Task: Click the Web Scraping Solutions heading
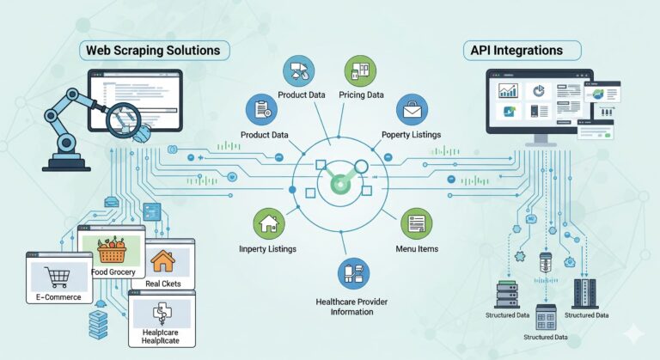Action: tap(153, 51)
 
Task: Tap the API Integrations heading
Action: tap(516, 51)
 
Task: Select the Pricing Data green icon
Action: tap(360, 70)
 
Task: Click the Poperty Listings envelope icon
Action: tap(412, 109)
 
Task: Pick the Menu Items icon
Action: tap(416, 223)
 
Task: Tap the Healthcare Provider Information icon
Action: tap(353, 274)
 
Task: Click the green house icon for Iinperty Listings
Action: tap(269, 224)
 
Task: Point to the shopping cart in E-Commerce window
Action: tap(57, 277)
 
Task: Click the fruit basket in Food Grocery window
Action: tap(112, 250)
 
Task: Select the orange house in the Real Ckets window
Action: tap(163, 261)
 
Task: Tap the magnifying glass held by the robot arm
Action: tap(123, 119)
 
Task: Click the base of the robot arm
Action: tap(66, 163)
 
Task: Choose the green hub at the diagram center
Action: tap(339, 185)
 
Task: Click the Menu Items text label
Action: tap(417, 249)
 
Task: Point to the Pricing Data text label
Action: tap(361, 95)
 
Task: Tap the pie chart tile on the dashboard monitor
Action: tap(538, 90)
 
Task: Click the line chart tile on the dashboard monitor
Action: tap(508, 90)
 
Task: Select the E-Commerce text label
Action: tap(58, 296)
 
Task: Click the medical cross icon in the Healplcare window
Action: tap(162, 314)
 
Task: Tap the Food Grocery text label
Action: tap(113, 272)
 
